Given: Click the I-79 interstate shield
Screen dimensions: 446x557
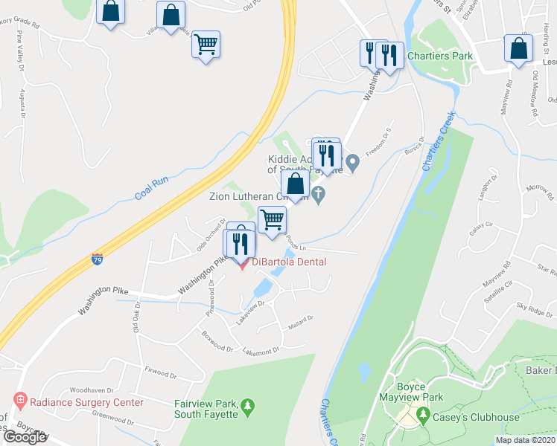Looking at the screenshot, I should coord(98,259).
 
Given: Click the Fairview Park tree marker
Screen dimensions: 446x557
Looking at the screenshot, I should coord(248,407).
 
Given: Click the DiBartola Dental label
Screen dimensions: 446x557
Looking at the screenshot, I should coord(289,262).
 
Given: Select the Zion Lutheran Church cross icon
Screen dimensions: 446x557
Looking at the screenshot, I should coord(319,196).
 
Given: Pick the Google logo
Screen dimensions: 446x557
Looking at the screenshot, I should coord(25,437).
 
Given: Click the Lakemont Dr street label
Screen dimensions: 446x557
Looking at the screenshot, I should coord(261,349).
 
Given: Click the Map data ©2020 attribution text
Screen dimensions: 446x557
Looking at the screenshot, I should coord(526,440).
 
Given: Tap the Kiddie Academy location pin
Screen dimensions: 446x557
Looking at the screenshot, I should coord(354,161).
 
